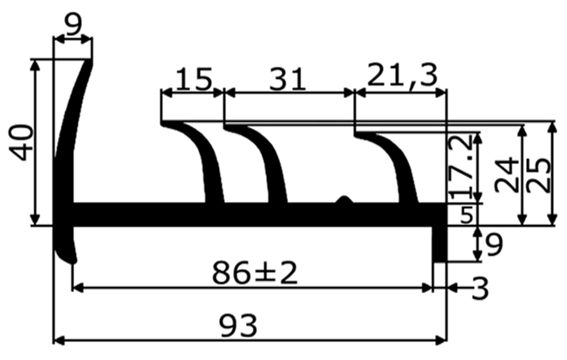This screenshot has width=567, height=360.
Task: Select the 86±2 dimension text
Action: pos(255,274)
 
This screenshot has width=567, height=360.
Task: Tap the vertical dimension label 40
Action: pos(21,141)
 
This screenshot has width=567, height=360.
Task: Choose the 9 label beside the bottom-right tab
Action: pos(493,246)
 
